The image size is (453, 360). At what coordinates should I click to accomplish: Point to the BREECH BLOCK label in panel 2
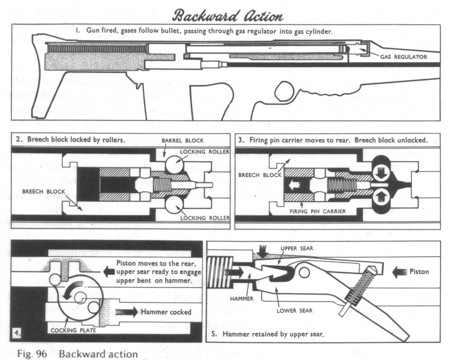coord(40,191)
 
